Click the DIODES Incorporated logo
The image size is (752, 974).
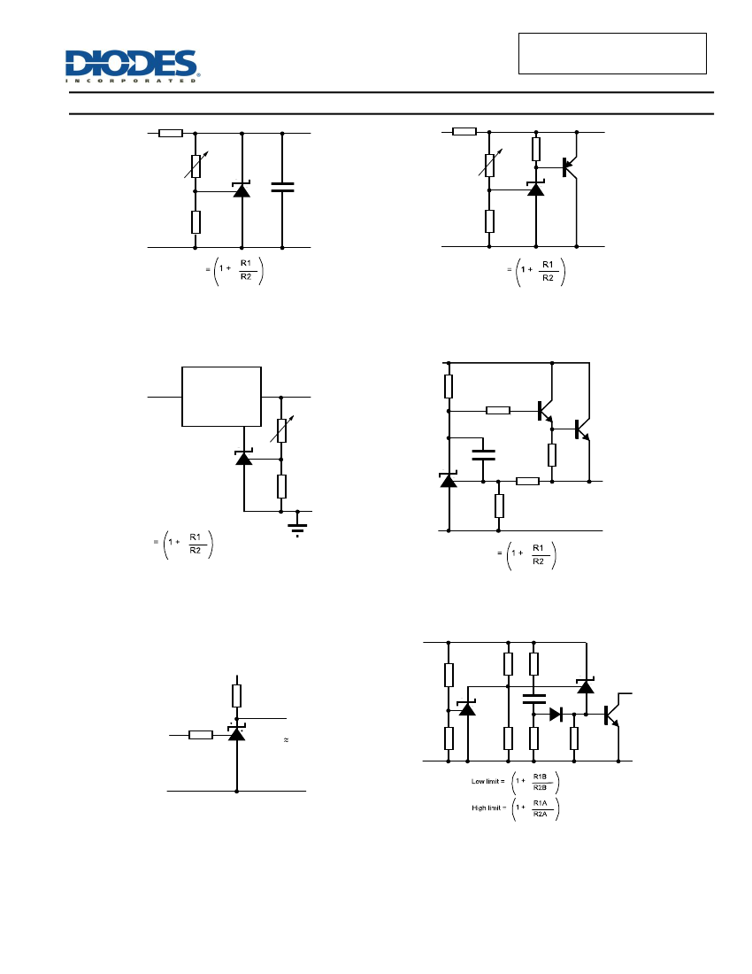pos(132,66)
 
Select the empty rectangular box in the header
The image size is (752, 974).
pos(612,53)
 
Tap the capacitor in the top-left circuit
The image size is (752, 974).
pos(282,187)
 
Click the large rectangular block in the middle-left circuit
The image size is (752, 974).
pos(221,397)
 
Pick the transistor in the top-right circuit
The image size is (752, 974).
pos(569,166)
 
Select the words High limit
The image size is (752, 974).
pos(486,808)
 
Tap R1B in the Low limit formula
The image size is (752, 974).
pos(540,777)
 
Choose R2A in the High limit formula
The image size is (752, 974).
pos(540,814)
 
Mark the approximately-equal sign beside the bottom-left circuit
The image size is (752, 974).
pos(286,740)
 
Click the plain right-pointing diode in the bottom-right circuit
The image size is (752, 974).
pos(556,715)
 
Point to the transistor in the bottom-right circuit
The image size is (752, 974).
pos(612,715)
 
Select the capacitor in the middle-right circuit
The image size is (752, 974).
pos(483,455)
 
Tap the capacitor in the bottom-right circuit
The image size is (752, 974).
pos(533,699)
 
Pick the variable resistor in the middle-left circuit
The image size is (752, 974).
pos(281,429)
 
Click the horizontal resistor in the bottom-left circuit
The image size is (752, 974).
pos(201,735)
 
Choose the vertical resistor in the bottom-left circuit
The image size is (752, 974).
pos(236,696)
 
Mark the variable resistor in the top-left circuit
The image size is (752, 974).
pos(196,165)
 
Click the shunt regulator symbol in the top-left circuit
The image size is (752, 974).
pos(242,189)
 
